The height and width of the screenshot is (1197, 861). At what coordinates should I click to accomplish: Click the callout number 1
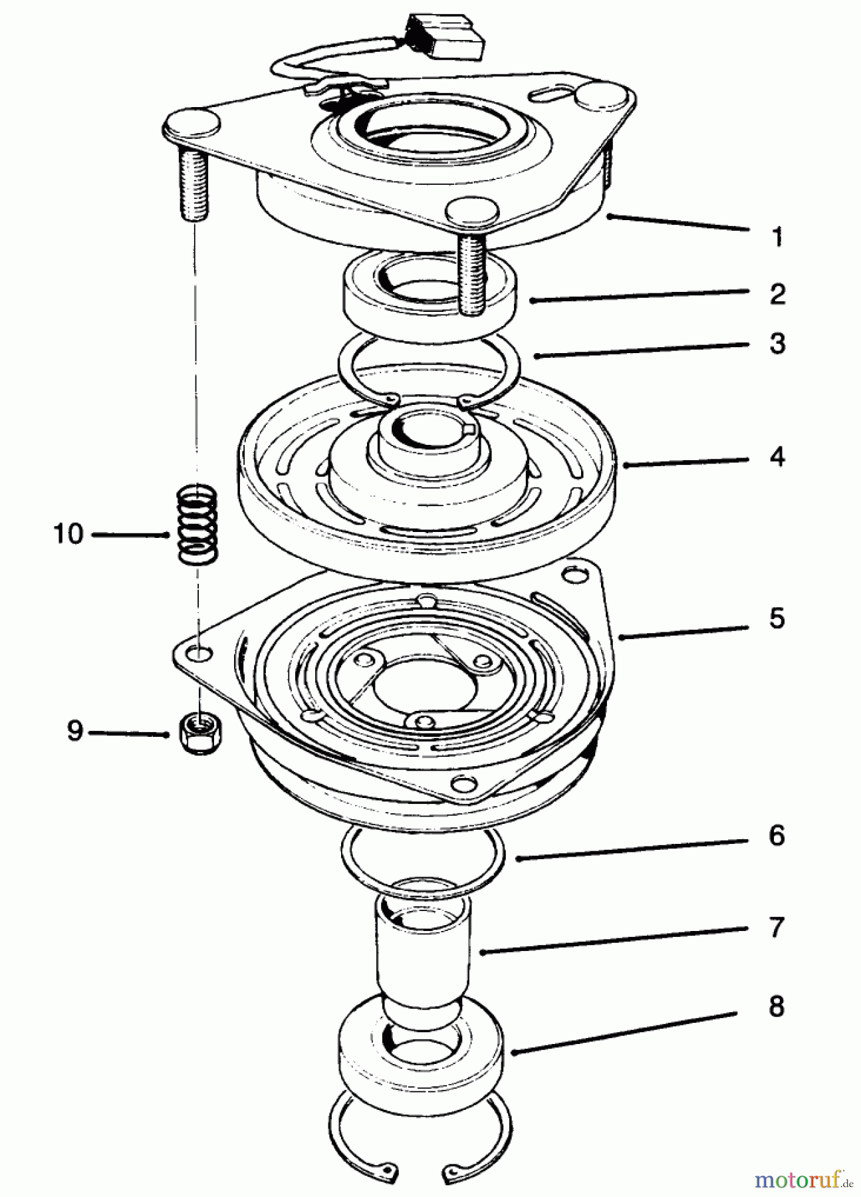point(777,237)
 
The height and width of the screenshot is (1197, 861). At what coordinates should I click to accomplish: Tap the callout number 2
point(777,293)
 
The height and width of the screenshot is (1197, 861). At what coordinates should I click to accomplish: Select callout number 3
point(777,344)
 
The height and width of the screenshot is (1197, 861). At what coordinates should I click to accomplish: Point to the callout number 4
point(777,457)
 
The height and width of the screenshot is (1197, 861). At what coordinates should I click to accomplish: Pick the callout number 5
point(777,618)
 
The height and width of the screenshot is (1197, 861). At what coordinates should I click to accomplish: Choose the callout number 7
point(777,927)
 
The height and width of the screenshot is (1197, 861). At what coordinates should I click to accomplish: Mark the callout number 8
point(777,1006)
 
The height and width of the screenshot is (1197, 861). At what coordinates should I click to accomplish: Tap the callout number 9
point(74,731)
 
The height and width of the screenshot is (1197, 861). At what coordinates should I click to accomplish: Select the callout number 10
point(68,533)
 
